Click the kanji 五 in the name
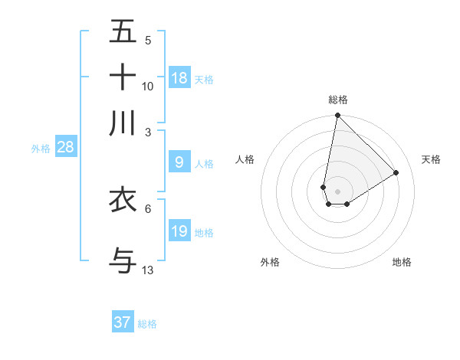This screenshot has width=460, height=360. click(x=123, y=32)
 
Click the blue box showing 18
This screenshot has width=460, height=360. click(x=179, y=77)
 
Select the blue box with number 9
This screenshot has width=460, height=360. click(x=179, y=162)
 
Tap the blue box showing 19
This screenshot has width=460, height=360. click(x=179, y=231)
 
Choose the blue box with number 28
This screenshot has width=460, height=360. click(x=65, y=147)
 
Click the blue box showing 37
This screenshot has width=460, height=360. click(x=123, y=322)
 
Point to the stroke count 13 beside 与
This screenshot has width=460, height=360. click(x=148, y=270)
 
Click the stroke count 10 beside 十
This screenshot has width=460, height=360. click(x=148, y=87)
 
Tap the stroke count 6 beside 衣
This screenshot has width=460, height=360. click(x=148, y=208)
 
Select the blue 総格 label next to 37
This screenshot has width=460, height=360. click(x=147, y=324)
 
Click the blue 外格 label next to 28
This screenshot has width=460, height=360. click(x=40, y=149)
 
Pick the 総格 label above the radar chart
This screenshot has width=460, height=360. click(x=338, y=100)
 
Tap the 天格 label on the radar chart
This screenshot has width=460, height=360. click(x=431, y=159)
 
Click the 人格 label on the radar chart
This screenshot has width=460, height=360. click(x=245, y=159)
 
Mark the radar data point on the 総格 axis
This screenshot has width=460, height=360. click(x=337, y=116)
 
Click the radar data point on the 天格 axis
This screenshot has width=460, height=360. click(x=396, y=172)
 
